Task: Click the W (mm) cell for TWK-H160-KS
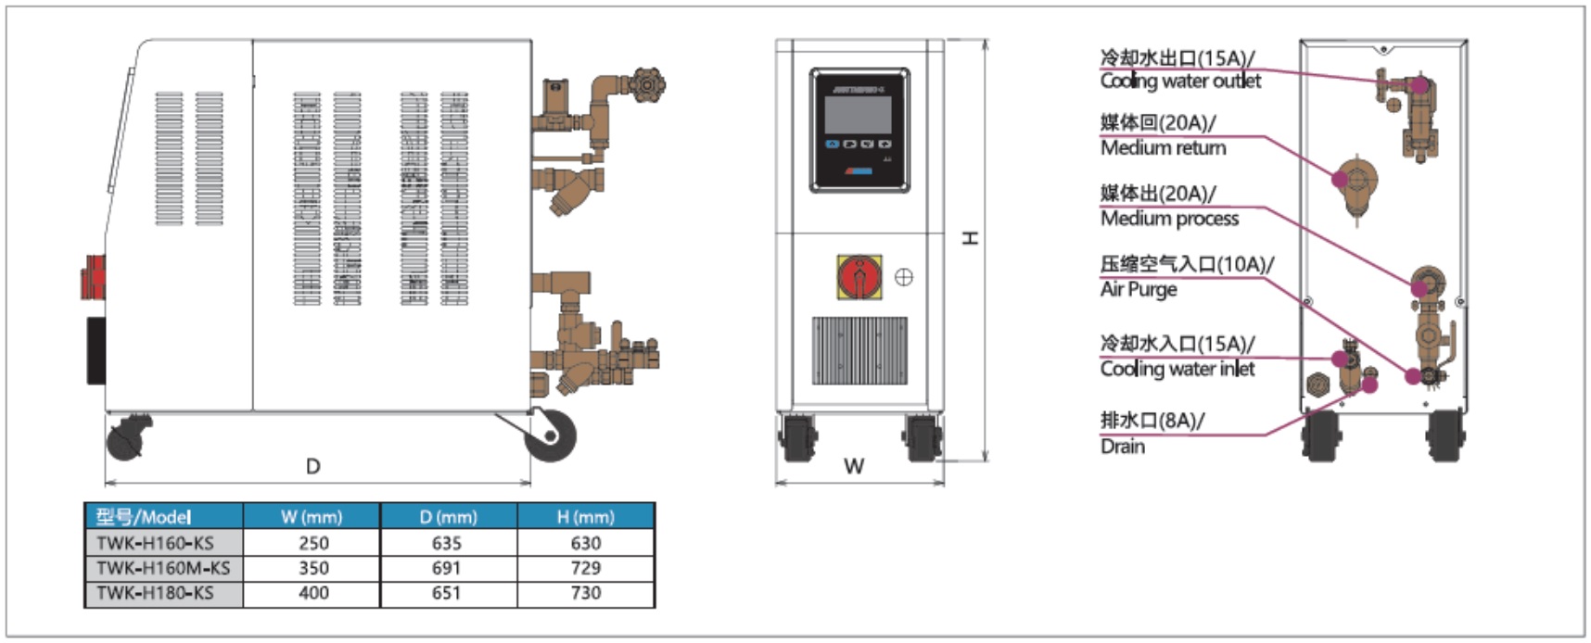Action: [313, 543]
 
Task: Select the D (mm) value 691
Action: [446, 568]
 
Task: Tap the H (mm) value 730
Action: [585, 593]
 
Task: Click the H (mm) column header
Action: [585, 517]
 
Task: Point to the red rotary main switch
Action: [859, 277]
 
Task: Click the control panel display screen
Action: [858, 113]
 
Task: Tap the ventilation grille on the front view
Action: [859, 350]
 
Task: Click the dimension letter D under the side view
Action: [313, 466]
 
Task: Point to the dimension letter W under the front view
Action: [854, 466]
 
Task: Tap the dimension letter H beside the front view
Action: [970, 238]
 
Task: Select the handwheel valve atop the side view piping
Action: [645, 85]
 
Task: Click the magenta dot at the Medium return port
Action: [1340, 179]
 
